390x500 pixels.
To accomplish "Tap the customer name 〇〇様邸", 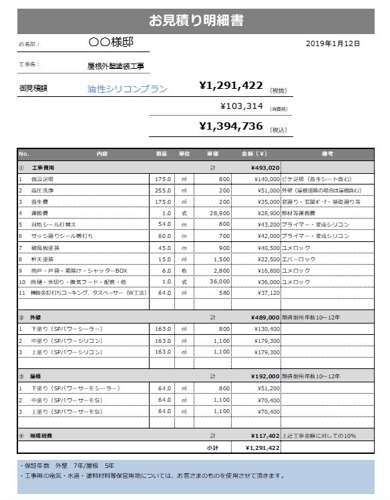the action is tap(111, 42).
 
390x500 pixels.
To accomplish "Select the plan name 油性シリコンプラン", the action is tap(127, 88).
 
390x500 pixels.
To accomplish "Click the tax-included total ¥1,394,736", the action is tap(230, 126).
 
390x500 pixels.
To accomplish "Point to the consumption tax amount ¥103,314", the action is tap(241, 106).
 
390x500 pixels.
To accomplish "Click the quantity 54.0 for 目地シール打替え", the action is tap(163, 224).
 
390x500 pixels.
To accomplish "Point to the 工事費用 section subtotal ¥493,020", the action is tap(265, 167).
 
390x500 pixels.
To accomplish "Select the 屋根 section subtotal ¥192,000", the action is tap(265, 376).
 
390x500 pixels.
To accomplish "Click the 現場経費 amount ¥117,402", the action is tap(264, 436).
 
